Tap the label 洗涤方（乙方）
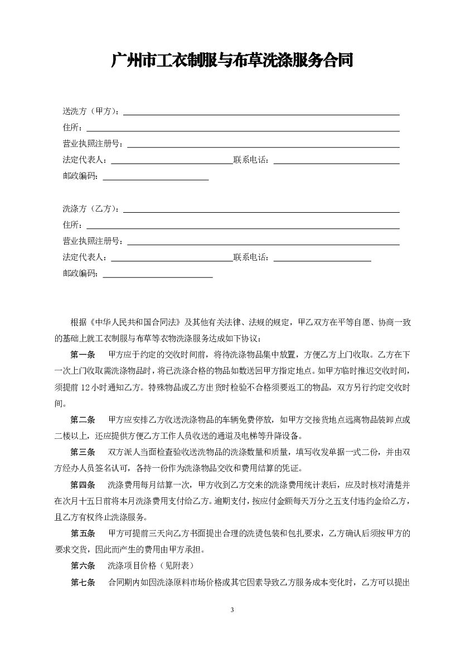coord(90,209)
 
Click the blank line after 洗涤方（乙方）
coord(261,211)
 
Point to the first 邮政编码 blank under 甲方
coord(156,178)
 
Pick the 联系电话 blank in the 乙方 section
coord(322,259)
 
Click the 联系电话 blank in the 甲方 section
coord(336,162)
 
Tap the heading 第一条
coord(83,354)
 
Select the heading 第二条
coord(83,419)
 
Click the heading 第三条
coord(83,452)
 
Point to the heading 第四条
coord(83,484)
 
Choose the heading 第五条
coord(83,533)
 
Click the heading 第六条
coord(83,566)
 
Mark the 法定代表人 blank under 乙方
coord(172,259)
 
